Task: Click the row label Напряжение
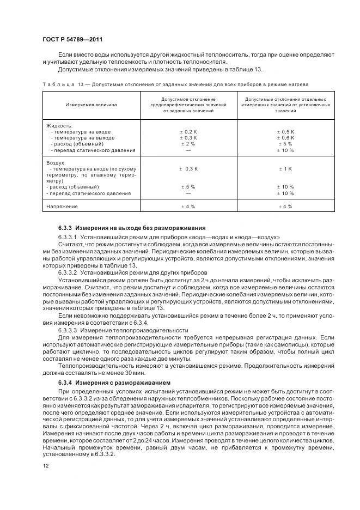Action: click(x=63, y=207)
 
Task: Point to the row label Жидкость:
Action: click(x=59, y=125)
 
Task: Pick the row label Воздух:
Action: click(x=57, y=162)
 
